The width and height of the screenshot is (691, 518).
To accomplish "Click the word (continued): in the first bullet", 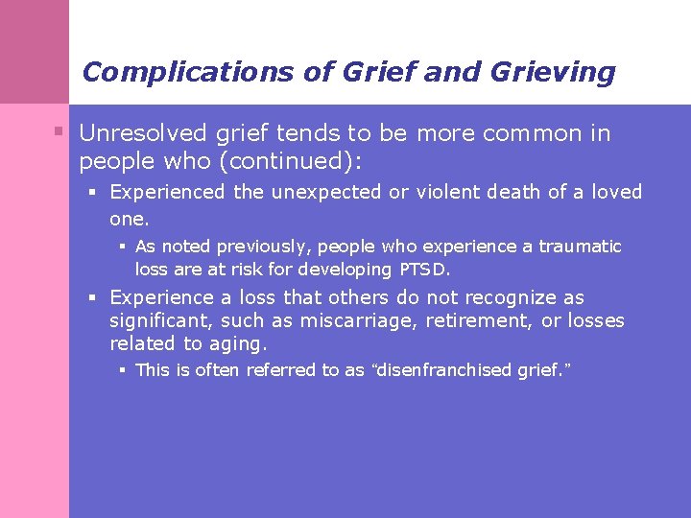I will click(x=291, y=157).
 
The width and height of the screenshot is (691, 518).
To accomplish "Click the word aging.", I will click(x=238, y=343).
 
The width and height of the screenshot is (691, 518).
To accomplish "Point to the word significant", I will click(x=159, y=320).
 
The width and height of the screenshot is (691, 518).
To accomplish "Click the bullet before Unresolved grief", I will click(x=60, y=131).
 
